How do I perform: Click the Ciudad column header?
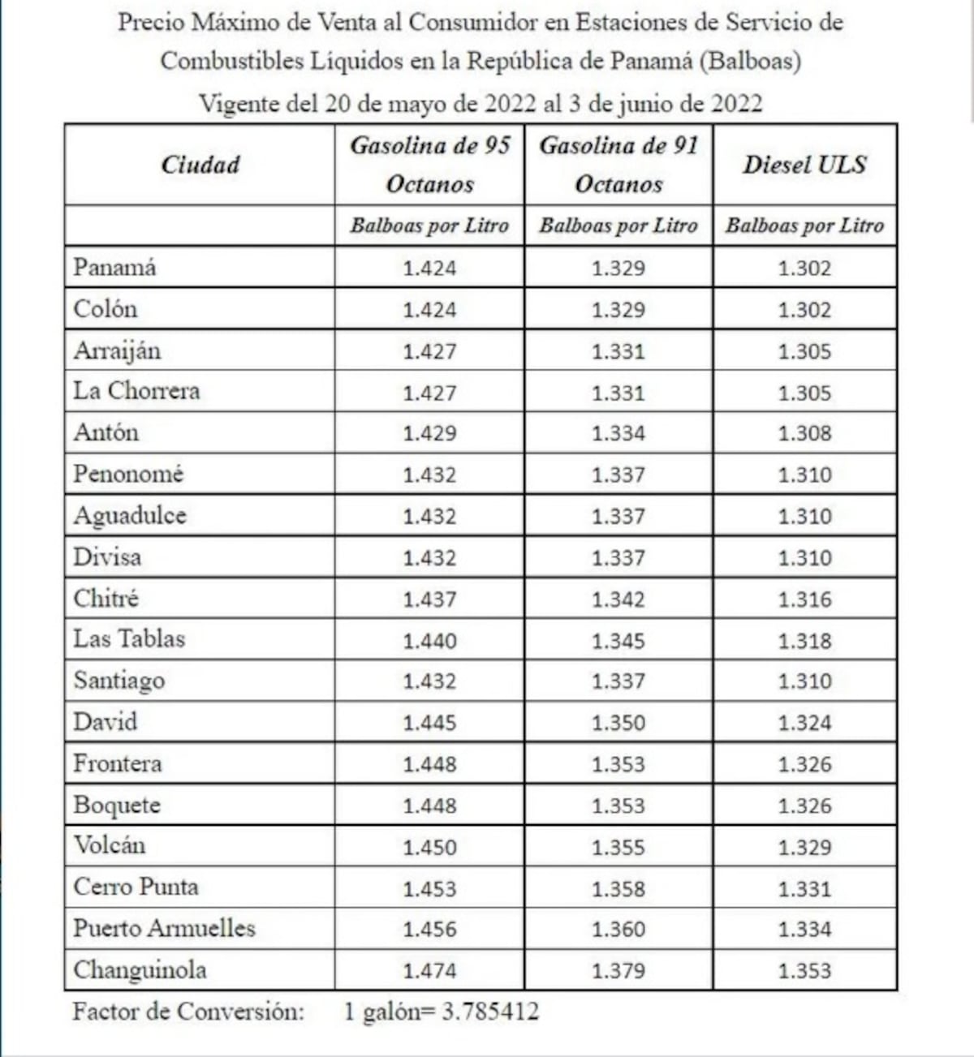click(200, 165)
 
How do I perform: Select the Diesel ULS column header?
click(804, 165)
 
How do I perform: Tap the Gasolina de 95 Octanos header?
click(429, 165)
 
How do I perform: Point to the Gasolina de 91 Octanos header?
click(618, 165)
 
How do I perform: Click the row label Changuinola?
click(140, 970)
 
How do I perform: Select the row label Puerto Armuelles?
click(164, 928)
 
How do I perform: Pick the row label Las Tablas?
click(129, 639)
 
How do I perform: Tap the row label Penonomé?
click(128, 474)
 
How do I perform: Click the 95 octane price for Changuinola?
click(429, 971)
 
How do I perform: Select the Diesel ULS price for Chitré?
click(804, 599)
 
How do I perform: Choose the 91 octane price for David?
click(618, 723)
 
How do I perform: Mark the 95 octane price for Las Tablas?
click(429, 641)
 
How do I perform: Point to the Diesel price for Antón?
click(804, 433)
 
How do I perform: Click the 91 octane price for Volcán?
click(618, 848)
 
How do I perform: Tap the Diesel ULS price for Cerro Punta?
click(804, 889)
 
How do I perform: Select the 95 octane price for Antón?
click(429, 433)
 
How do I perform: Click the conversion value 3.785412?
click(489, 1012)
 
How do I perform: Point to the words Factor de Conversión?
click(188, 1012)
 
